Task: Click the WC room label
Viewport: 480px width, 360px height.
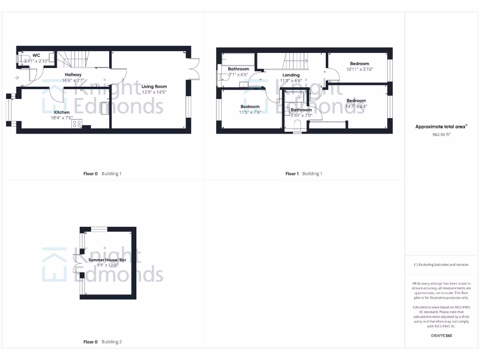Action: [x=36, y=55]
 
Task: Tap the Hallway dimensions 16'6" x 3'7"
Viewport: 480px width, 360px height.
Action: [x=73, y=80]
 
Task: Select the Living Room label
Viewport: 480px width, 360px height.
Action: [x=154, y=86]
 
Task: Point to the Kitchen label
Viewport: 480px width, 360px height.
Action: [x=62, y=112]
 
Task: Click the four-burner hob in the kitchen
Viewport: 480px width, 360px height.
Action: [x=76, y=124]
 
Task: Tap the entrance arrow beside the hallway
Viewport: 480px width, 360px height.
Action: [x=17, y=77]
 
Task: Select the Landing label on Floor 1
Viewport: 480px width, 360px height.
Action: [x=291, y=75]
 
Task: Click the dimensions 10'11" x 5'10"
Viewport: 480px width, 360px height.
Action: [x=360, y=69]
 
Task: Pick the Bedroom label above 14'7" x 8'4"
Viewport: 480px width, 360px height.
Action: [x=356, y=101]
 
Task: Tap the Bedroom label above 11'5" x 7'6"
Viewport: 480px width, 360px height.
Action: [x=249, y=106]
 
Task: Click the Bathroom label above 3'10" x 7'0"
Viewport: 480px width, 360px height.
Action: [x=301, y=110]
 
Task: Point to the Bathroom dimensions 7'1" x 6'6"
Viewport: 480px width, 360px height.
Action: [x=238, y=75]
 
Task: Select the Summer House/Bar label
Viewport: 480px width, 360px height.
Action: [x=107, y=260]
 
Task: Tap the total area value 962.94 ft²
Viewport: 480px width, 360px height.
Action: [x=441, y=134]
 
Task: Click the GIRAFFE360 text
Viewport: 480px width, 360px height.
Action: [x=441, y=336]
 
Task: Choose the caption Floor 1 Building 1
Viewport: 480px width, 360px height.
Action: [x=304, y=173]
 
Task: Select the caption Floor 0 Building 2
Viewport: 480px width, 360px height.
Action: [x=102, y=342]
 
